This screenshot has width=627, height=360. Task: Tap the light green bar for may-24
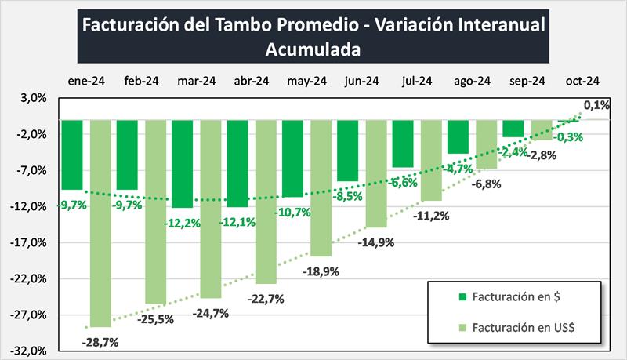click(x=321, y=187)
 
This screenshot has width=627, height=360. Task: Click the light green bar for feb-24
click(x=155, y=211)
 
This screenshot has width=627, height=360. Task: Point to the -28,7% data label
click(x=100, y=342)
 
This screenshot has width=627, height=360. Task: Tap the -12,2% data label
click(x=183, y=223)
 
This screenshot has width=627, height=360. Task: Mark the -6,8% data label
click(x=486, y=186)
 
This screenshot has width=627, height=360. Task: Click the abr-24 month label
click(x=252, y=81)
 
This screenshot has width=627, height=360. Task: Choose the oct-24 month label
click(x=582, y=81)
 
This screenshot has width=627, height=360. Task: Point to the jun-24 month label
click(x=362, y=81)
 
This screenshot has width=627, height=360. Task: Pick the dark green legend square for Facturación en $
click(x=462, y=296)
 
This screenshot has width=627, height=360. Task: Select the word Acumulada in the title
click(x=313, y=49)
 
